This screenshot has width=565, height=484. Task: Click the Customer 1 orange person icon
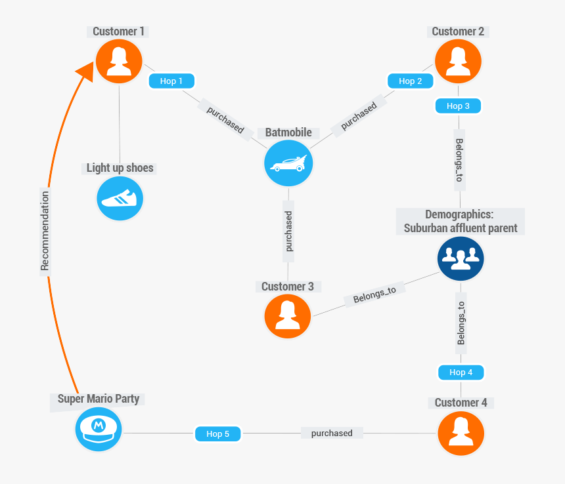[119, 61]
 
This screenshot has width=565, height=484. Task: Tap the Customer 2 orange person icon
[458, 61]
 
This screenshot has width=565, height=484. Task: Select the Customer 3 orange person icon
[287, 316]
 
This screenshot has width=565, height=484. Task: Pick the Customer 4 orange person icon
[461, 433]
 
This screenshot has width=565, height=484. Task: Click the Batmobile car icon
[288, 163]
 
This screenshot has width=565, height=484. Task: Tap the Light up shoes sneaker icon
[120, 198]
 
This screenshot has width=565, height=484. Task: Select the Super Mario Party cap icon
[99, 429]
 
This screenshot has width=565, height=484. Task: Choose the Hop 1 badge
[172, 81]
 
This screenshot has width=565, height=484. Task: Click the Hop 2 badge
[411, 81]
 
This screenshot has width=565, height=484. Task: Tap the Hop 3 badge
[458, 106]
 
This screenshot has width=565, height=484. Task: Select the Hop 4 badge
[461, 373]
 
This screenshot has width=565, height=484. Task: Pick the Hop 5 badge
[218, 434]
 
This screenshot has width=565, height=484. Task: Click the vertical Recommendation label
[45, 230]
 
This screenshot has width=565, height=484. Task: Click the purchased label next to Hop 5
[332, 434]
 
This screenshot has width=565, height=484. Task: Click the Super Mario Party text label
[99, 399]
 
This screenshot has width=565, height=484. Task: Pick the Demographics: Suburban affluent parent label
[461, 221]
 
